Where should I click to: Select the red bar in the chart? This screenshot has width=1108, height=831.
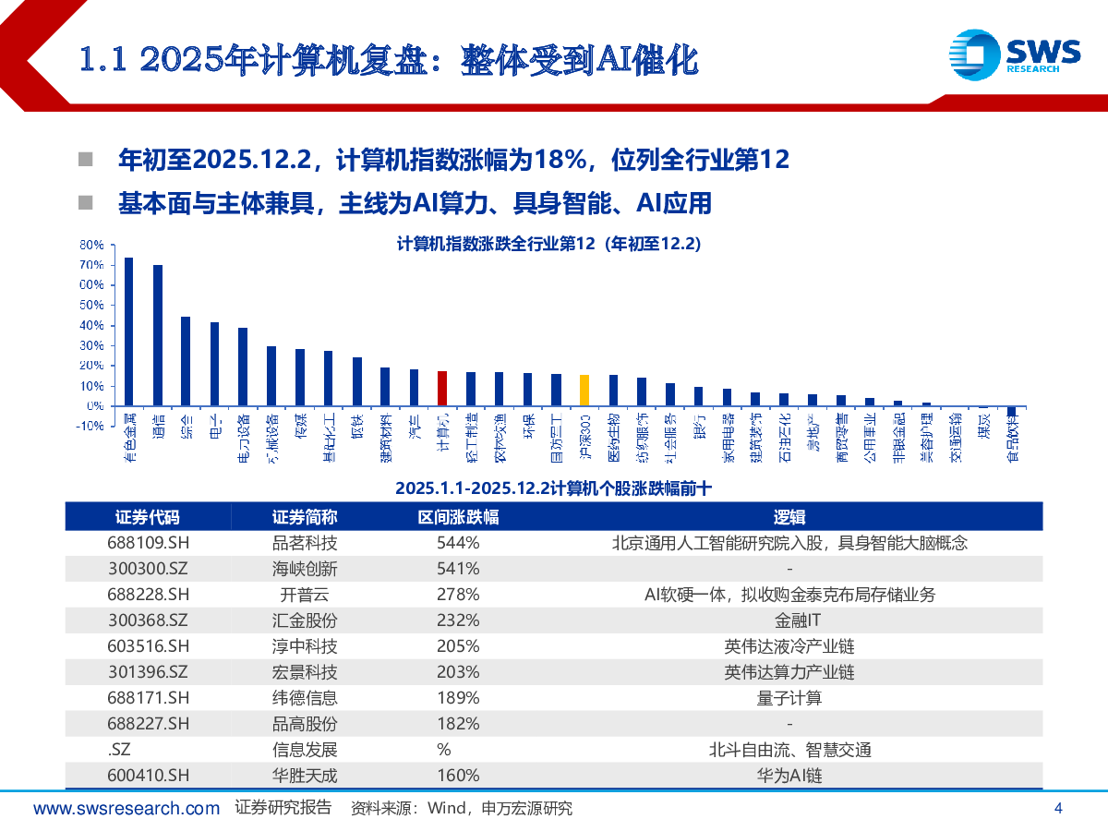(x=442, y=388)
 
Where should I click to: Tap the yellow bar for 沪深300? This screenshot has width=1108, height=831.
(x=584, y=390)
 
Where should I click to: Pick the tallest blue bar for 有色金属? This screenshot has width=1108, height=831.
(x=128, y=331)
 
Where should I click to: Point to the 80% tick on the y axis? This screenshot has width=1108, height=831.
(x=91, y=245)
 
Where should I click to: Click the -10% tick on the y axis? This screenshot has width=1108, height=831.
(x=90, y=426)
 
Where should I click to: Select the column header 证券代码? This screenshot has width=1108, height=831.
(x=148, y=517)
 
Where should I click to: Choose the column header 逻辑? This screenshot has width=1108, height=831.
(x=789, y=517)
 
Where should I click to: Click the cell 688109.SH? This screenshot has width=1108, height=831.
(x=148, y=543)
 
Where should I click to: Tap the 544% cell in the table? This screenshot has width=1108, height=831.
(x=458, y=543)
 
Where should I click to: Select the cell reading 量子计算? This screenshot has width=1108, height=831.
(x=789, y=698)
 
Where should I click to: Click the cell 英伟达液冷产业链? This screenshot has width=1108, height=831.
(x=789, y=646)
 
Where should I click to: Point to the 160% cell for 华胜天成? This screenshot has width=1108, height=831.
(x=458, y=776)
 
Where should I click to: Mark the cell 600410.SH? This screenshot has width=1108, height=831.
(x=148, y=776)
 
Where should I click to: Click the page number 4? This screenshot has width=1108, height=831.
(x=1058, y=809)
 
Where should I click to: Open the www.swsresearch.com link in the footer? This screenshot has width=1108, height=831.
(x=126, y=809)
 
